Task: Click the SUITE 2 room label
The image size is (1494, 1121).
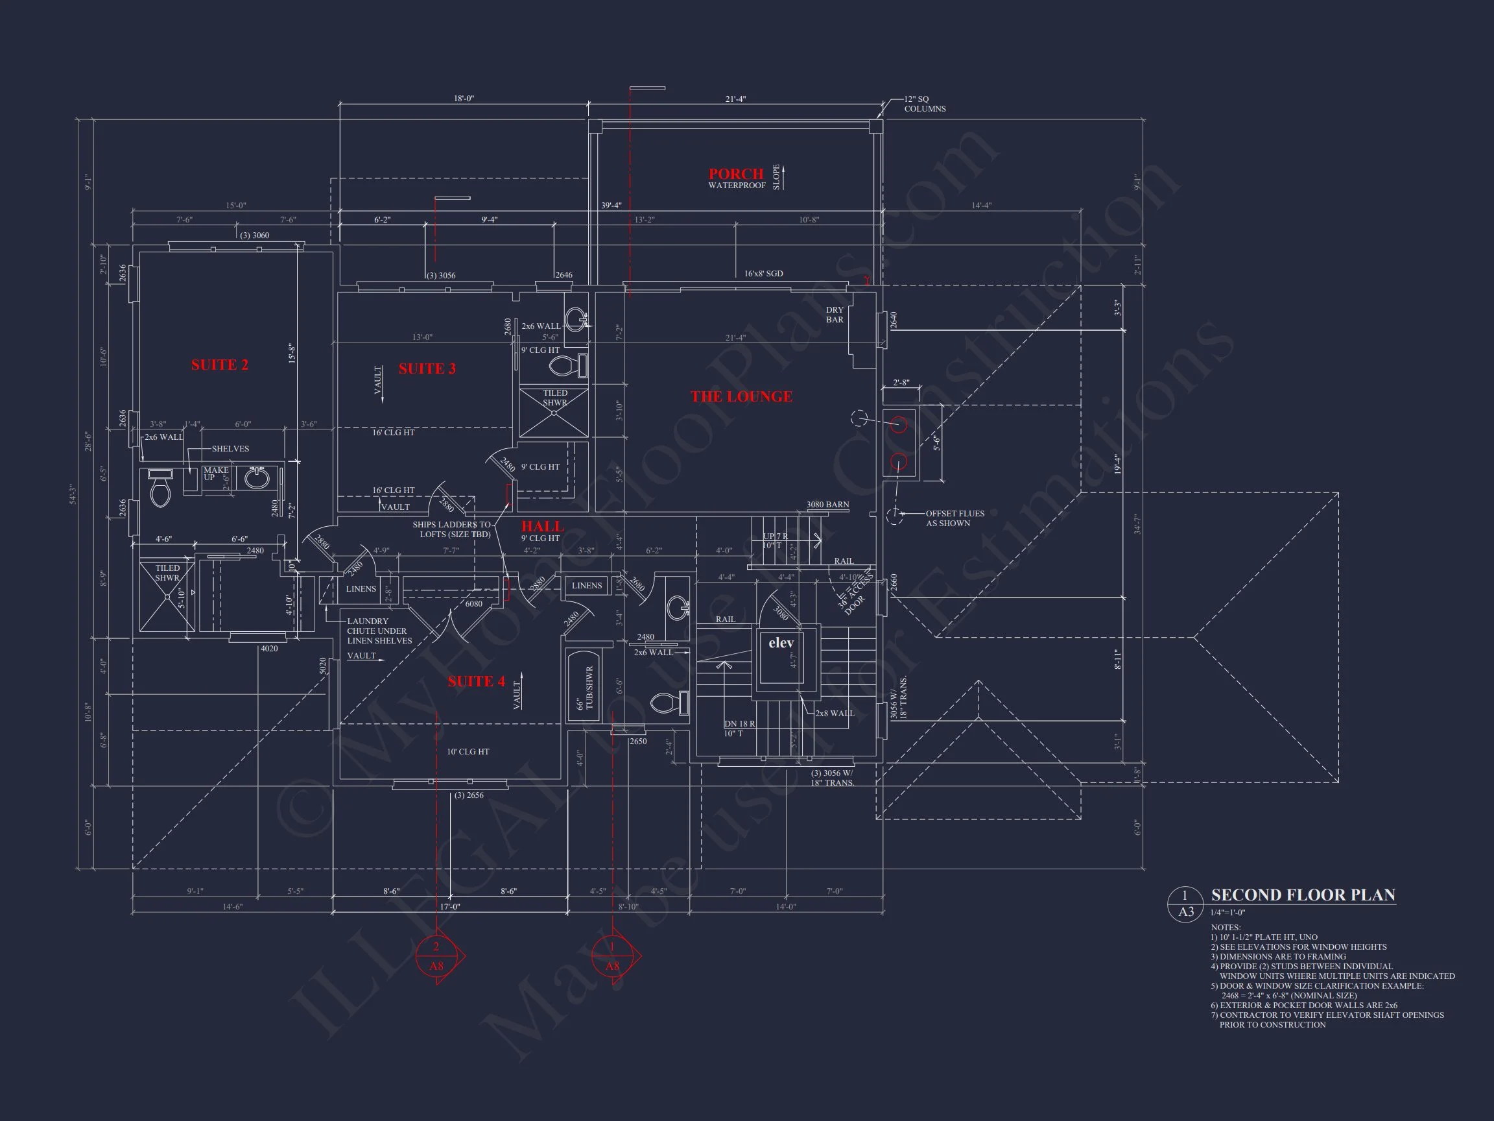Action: [x=220, y=365]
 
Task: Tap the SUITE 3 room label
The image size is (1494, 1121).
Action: [x=427, y=368]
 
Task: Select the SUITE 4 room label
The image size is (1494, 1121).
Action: [x=476, y=681]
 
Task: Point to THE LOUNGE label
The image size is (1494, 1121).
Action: [x=741, y=396]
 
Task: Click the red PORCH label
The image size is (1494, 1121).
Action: [x=735, y=174]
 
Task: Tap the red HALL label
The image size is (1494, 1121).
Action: [x=541, y=525]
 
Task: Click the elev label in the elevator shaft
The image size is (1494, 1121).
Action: [x=781, y=643]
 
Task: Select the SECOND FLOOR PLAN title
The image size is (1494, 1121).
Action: [x=1303, y=895]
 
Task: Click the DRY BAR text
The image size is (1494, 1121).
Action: [x=835, y=315]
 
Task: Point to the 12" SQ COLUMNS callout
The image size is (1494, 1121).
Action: [x=925, y=104]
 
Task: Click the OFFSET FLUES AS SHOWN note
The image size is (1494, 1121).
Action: [x=954, y=518]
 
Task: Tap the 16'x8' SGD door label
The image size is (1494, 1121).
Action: [x=763, y=274]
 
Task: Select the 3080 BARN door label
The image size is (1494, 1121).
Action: [x=827, y=505]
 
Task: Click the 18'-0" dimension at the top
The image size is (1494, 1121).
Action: [x=464, y=99]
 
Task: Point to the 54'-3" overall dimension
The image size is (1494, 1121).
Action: [x=71, y=494]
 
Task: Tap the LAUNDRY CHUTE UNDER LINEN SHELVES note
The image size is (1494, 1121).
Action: [x=379, y=631]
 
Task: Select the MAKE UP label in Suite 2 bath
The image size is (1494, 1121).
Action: [x=215, y=474]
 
